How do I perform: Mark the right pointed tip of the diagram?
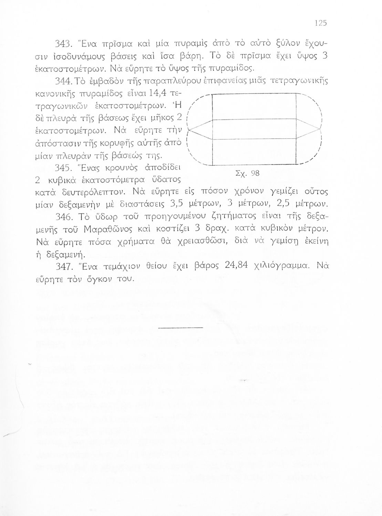pyautogui.click(x=321, y=129)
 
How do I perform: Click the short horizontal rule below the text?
pyautogui.click(x=181, y=327)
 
